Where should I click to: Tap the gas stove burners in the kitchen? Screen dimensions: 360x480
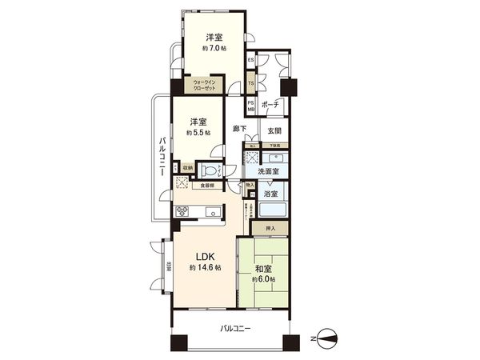click(x=182, y=213)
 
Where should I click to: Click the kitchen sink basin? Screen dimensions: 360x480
click(x=214, y=212)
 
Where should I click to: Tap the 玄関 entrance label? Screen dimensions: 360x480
click(x=274, y=131)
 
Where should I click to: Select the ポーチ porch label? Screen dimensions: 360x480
click(x=270, y=104)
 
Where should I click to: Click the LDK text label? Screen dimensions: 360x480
click(x=198, y=257)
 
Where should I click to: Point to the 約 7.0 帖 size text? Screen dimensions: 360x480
click(x=213, y=49)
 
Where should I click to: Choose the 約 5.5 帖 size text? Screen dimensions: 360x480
click(x=198, y=133)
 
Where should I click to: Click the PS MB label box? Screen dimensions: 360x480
click(x=250, y=106)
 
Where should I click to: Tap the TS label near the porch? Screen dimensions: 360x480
click(x=250, y=83)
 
